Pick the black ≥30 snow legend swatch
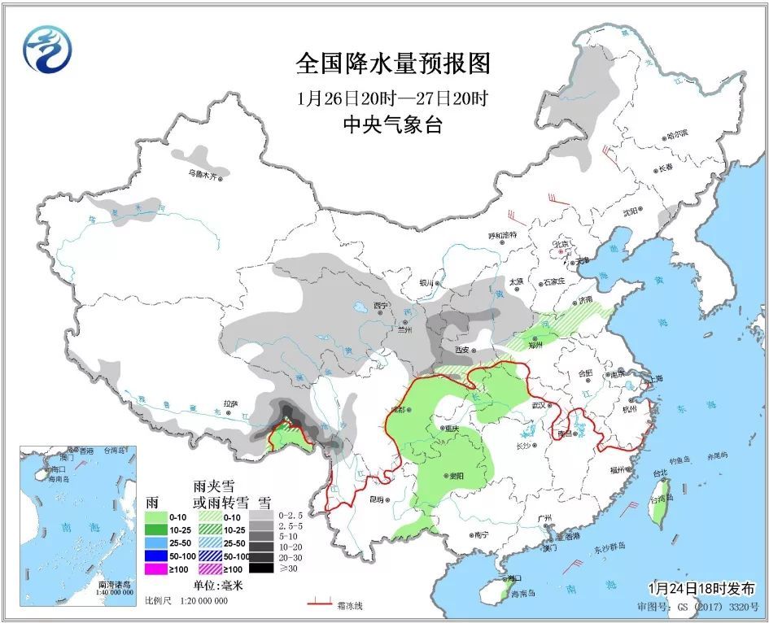[261, 568]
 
